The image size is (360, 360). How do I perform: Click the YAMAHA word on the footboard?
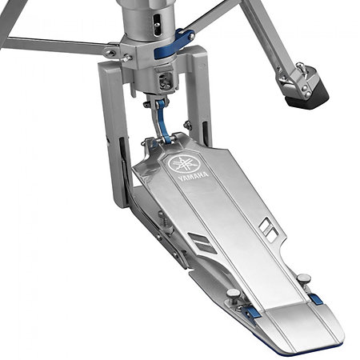pyautogui.click(x=194, y=177)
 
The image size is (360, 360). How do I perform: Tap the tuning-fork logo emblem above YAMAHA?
pyautogui.click(x=185, y=163)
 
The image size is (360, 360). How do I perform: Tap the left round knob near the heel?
pyautogui.click(x=234, y=295)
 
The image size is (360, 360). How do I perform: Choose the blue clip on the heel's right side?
pyautogui.click(x=316, y=299)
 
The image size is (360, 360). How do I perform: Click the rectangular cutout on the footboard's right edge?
pyautogui.click(x=269, y=230)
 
